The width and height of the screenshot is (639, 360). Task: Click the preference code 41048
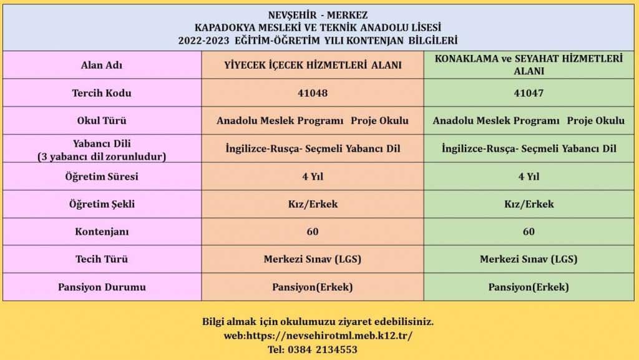coord(313,93)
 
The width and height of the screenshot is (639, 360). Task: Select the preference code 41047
coord(529,93)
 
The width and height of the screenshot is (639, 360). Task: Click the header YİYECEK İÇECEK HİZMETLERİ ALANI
coord(313,66)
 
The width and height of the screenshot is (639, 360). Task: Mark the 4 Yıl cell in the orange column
coord(313,177)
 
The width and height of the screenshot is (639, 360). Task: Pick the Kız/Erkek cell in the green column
coord(529,204)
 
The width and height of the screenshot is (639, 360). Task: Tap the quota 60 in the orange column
coord(313,231)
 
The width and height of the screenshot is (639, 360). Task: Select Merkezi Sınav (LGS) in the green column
coord(529,259)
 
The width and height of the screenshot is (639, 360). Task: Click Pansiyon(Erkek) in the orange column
coord(313,287)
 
